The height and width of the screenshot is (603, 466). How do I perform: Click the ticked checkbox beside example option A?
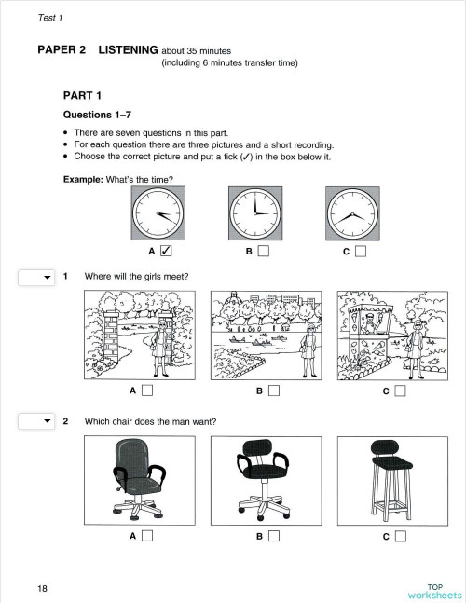click(166, 251)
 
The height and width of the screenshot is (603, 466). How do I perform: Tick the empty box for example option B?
click(264, 251)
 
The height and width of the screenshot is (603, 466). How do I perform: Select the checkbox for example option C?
click(360, 251)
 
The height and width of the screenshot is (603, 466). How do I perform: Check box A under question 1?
click(147, 391)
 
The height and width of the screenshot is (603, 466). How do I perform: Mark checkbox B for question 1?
click(273, 391)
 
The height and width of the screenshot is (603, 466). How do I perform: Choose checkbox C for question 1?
click(400, 391)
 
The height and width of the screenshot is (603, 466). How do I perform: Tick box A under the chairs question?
click(147, 536)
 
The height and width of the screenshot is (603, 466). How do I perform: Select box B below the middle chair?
click(273, 536)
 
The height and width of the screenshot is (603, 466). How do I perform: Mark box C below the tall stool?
click(400, 536)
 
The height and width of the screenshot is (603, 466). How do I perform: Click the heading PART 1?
click(82, 95)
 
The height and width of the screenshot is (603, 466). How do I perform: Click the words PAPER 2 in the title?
click(62, 50)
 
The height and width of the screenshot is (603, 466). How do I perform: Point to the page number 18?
click(43, 588)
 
